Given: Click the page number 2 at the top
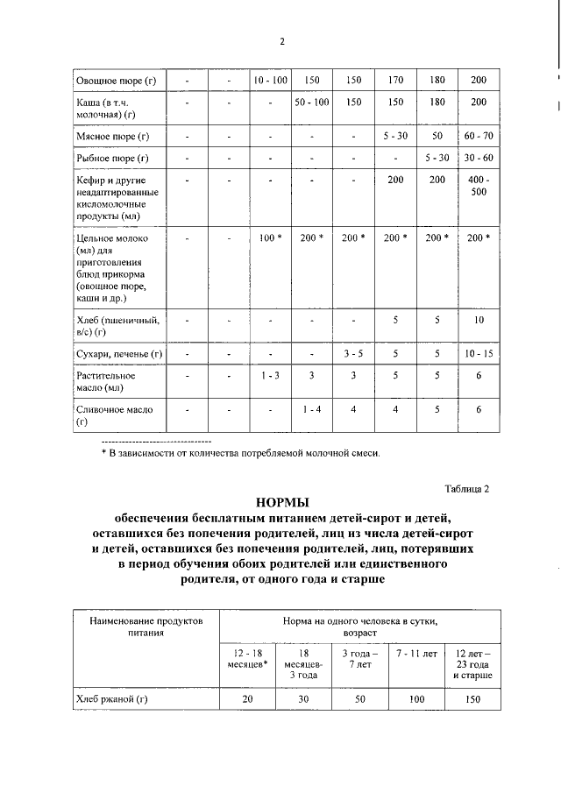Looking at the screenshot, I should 282,41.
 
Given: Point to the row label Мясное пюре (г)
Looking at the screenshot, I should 108,137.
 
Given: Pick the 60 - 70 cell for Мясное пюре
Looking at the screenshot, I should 479,137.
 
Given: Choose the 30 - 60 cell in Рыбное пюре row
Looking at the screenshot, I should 479,159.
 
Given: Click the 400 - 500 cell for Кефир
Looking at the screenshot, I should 479,186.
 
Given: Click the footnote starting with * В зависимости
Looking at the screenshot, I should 242,453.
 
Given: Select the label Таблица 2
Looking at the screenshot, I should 465,488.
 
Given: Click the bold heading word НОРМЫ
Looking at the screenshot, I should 282,503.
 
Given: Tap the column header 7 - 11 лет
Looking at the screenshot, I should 416,655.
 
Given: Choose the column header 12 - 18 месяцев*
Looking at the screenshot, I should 247,661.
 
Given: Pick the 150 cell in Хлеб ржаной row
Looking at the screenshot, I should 473,698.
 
